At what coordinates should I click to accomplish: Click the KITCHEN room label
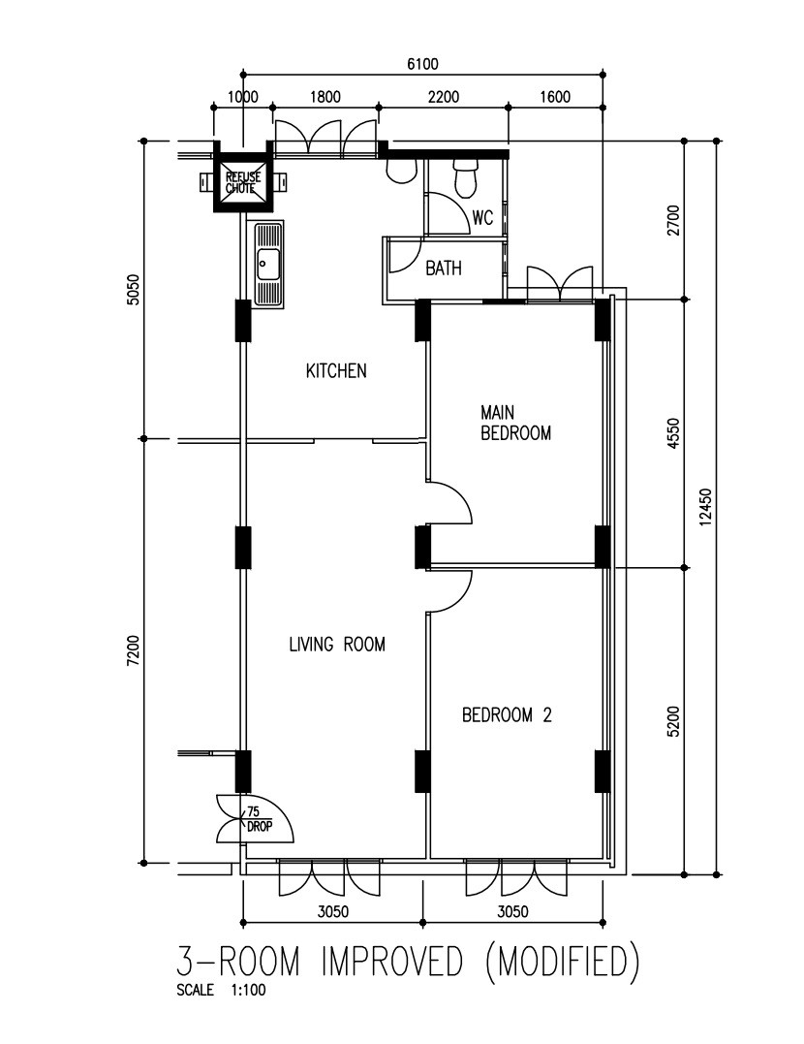point(336,371)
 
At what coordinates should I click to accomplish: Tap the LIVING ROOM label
point(337,644)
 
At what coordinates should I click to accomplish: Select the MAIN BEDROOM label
point(515,423)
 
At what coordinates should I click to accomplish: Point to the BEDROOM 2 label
point(507,715)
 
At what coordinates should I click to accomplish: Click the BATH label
point(444,269)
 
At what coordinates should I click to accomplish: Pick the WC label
point(482,218)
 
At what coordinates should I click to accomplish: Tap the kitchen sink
point(268,264)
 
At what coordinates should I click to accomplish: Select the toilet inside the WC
point(465,177)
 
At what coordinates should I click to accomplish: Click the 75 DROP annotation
point(259,819)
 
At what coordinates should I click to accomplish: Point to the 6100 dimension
point(422,64)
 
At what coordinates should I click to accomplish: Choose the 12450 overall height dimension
point(705,507)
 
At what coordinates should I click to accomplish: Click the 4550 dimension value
point(673,433)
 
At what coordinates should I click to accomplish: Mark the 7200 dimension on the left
point(134,650)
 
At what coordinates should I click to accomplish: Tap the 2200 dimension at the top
point(444,97)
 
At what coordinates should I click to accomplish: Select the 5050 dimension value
point(134,290)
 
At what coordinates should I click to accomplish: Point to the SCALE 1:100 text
point(221,990)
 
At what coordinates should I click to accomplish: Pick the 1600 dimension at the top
point(555,97)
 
